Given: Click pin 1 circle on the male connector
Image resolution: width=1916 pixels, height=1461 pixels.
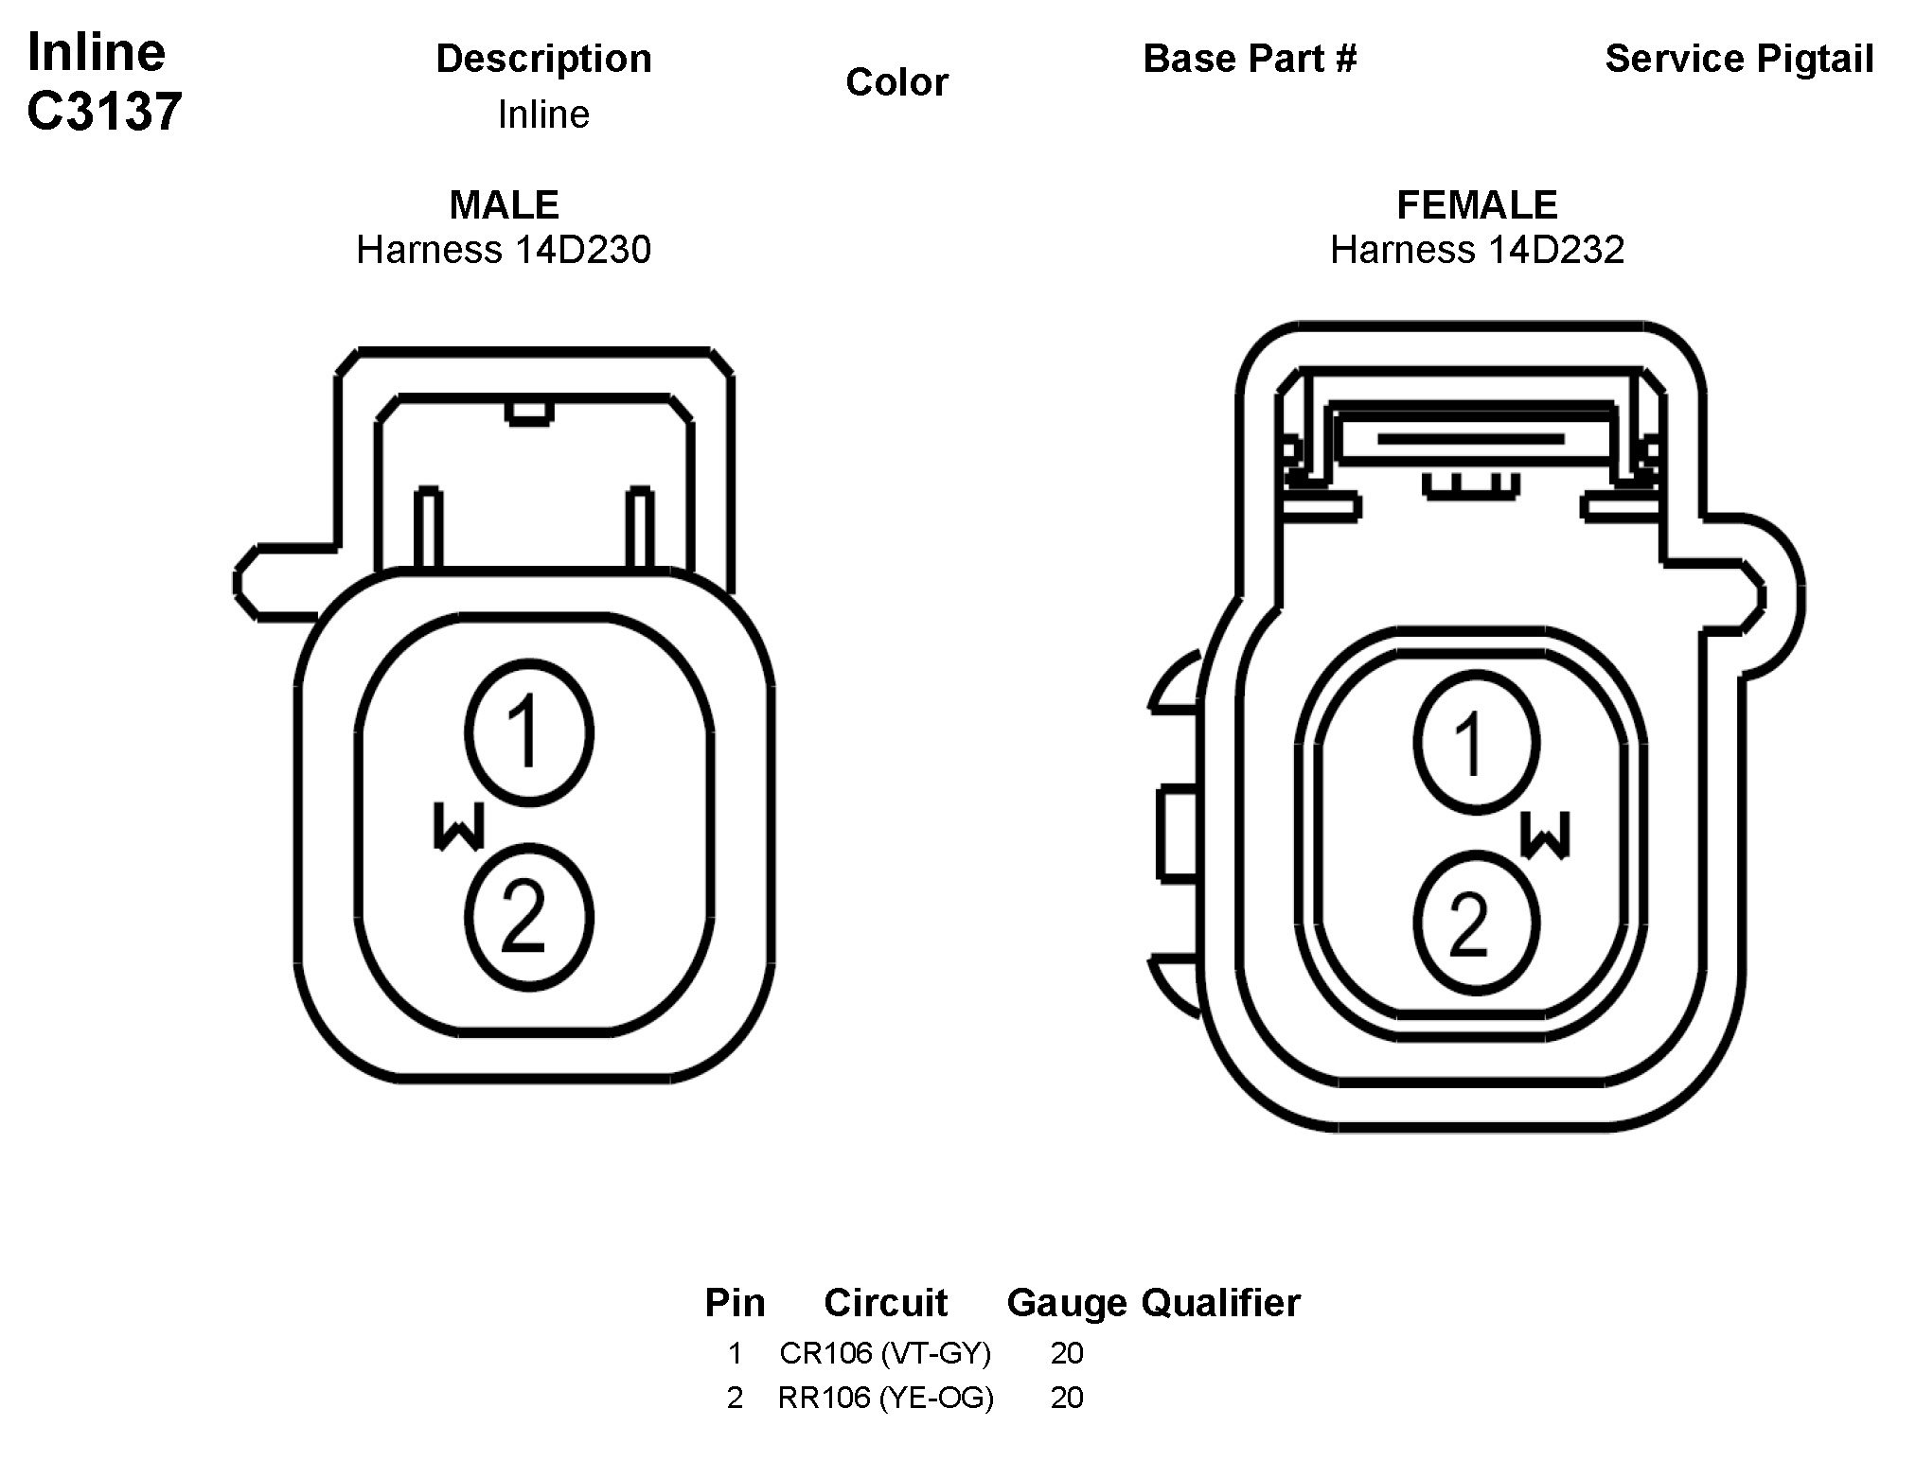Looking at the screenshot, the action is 529,733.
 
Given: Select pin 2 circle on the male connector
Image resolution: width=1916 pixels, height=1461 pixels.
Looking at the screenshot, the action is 529,918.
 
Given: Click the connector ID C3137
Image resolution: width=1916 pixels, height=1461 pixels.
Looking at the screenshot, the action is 104,112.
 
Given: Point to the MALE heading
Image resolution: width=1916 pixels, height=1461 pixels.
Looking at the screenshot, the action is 504,204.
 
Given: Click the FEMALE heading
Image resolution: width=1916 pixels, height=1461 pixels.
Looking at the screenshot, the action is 1477,204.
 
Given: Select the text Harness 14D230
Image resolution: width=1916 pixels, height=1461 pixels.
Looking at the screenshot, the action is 504,250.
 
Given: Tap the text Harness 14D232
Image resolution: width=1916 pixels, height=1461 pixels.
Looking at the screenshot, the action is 1477,250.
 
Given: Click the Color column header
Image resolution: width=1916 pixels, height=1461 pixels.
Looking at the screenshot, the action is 896,82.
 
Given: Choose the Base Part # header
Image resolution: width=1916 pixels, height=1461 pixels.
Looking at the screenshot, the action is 1250,59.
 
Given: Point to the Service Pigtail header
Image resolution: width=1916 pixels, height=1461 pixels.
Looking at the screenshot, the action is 1739,59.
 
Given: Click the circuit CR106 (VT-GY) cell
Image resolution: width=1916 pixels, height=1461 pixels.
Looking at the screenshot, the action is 885,1353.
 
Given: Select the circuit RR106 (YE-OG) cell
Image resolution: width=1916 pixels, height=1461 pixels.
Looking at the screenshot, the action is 885,1398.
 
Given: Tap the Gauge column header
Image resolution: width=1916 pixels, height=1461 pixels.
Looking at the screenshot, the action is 1066,1303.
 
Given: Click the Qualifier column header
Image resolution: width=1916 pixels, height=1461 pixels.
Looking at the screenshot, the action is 1220,1303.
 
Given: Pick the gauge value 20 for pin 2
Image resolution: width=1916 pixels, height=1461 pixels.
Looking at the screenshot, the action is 1066,1398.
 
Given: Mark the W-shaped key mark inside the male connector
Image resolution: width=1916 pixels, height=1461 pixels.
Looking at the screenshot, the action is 459,826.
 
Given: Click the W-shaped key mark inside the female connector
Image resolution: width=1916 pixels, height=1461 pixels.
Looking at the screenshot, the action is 1545,834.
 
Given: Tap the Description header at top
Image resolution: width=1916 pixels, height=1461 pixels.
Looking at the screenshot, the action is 543,59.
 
